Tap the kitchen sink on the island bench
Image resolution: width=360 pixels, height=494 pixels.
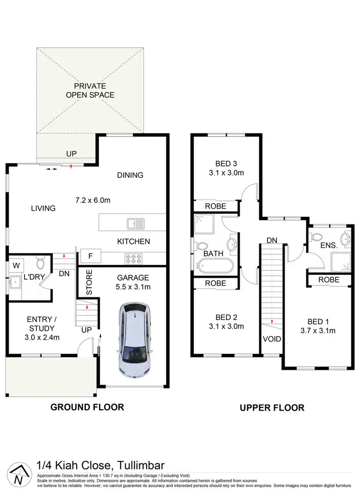point(135,223)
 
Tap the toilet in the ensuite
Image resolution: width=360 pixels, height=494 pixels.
point(317,237)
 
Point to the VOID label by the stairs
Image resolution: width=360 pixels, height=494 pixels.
point(272,339)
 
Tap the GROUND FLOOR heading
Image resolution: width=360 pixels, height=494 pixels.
point(87,407)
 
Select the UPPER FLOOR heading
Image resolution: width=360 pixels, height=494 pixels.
point(272,408)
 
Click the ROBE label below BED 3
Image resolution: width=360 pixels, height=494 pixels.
point(216,206)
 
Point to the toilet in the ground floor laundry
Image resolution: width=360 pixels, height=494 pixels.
point(40,263)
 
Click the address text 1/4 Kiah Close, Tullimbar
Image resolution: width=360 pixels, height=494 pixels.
point(101,465)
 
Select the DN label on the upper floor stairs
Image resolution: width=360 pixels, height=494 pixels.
point(272,240)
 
